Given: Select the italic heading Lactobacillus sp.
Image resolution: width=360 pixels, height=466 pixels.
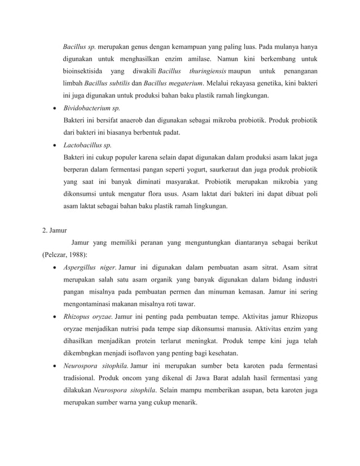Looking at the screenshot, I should point(87,144).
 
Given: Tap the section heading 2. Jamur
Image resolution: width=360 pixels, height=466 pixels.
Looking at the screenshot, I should point(54,231).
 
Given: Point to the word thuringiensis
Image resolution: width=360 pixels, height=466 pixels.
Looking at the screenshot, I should point(208,71).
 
